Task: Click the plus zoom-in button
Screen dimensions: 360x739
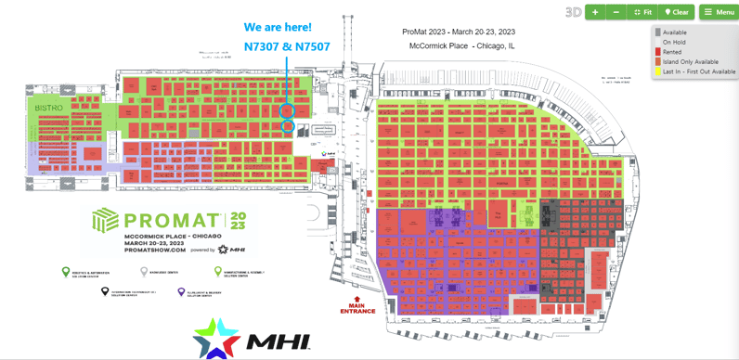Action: tap(595, 12)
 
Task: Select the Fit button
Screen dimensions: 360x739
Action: tap(642, 12)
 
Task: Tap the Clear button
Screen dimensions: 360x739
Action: tap(677, 12)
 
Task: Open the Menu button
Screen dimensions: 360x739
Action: tap(719, 12)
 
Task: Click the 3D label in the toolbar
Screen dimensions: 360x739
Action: tap(573, 12)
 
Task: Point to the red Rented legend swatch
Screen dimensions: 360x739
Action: tap(657, 52)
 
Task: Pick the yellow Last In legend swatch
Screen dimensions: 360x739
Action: tap(657, 71)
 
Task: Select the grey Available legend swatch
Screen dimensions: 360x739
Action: tap(657, 32)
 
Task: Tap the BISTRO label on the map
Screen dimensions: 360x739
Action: tap(48, 108)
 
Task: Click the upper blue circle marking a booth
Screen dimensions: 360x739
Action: tap(288, 110)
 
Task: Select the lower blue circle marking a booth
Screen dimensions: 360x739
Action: tap(288, 126)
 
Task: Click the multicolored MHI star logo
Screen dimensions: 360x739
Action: tap(216, 338)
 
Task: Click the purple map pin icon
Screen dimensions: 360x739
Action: tap(181, 292)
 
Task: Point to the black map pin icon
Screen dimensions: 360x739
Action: tap(105, 292)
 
